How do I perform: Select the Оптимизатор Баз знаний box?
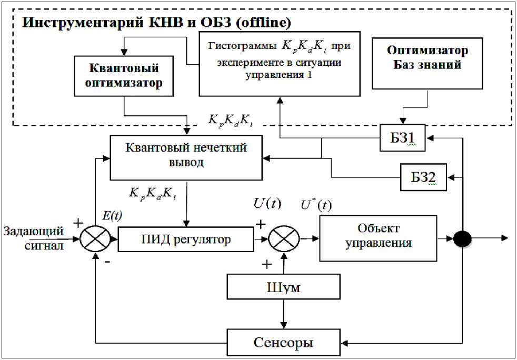427,63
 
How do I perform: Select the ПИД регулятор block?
186,239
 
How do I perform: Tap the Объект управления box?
378,238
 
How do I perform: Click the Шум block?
284,288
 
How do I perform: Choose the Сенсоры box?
283,343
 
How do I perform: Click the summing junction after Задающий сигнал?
95,239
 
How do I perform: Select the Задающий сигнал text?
33,238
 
